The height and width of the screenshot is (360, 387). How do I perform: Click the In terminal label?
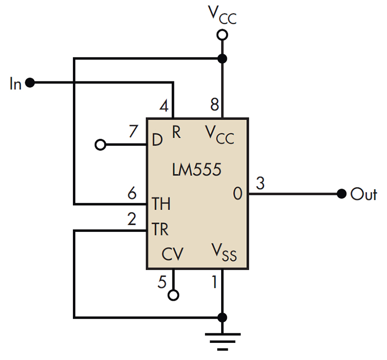[x=16, y=83]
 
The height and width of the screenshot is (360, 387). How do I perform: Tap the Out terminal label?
[x=364, y=194]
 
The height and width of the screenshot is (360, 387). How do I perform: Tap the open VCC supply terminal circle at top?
[x=222, y=35]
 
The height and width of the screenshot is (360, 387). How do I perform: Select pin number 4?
[x=163, y=106]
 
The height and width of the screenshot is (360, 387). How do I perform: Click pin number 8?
[x=214, y=106]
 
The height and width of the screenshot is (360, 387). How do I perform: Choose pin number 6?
[x=132, y=193]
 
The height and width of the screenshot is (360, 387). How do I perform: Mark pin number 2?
[x=132, y=219]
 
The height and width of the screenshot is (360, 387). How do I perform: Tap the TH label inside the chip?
[x=161, y=204]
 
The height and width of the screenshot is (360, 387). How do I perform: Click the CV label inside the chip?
[x=172, y=255]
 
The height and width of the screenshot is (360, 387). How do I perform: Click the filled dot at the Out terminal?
[x=342, y=194]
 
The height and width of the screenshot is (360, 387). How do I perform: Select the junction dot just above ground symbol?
[x=222, y=318]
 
